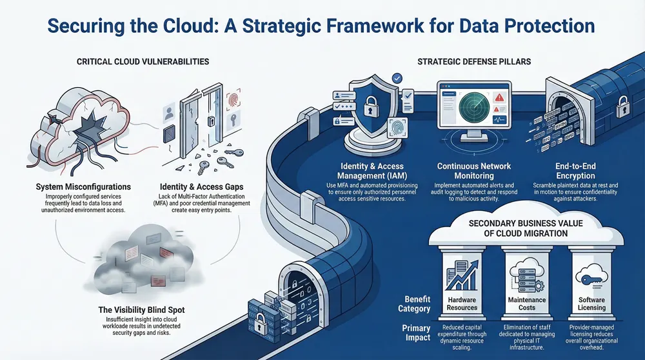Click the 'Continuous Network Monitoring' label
[475, 170]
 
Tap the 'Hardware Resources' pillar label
[462, 303]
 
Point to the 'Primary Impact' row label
[417, 333]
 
